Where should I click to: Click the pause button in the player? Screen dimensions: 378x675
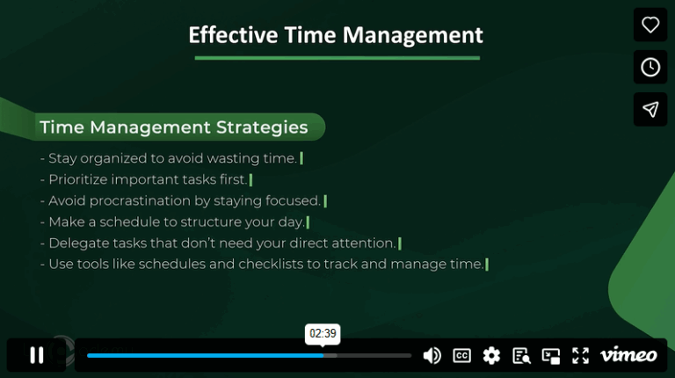36,355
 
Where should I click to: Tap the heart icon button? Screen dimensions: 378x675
650,25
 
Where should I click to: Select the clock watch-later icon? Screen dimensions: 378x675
650,67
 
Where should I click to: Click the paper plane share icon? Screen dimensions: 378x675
650,109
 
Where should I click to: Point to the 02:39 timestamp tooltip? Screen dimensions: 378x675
323,334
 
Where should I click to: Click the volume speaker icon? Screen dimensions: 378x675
432,355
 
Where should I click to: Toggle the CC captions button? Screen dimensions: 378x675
461,355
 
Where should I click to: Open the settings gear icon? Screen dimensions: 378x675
491,355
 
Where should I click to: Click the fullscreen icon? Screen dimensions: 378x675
580,355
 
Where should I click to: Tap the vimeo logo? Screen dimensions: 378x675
628,355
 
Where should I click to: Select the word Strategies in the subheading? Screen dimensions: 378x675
262,127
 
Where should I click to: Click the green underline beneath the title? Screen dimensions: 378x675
337,58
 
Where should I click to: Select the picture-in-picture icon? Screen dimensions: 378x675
551,355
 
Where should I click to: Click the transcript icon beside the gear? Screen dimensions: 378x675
521,355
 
